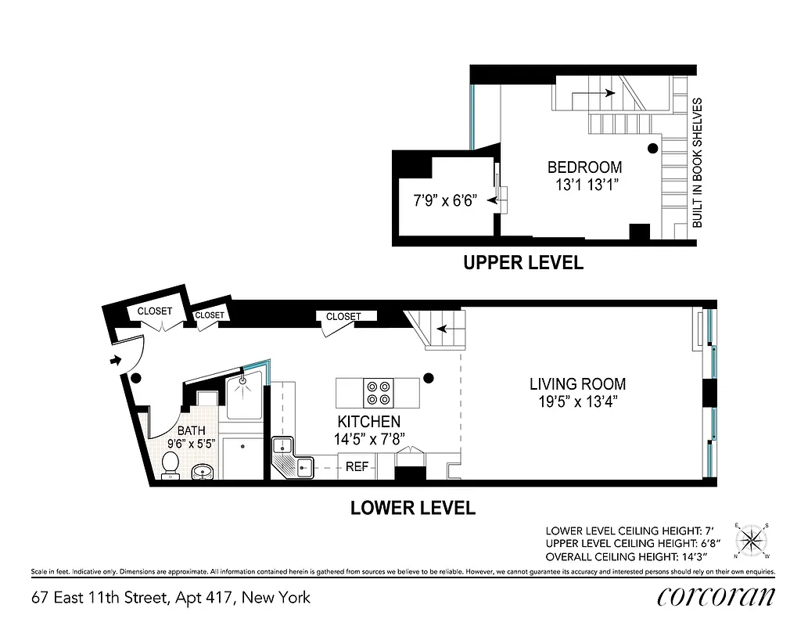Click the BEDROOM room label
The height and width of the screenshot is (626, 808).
(x=584, y=167)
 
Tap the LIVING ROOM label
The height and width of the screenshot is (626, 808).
(x=577, y=384)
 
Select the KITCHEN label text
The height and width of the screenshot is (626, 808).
(x=368, y=422)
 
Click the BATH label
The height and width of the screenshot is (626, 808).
(x=191, y=431)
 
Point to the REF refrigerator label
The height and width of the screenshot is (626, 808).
(x=357, y=467)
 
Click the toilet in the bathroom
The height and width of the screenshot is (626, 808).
(x=171, y=466)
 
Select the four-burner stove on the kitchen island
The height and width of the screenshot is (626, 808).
(x=379, y=391)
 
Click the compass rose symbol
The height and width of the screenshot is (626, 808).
(x=752, y=540)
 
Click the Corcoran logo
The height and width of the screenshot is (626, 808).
(x=716, y=596)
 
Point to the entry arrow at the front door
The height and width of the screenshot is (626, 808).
(x=116, y=361)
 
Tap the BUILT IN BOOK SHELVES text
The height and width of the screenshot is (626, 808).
(x=698, y=163)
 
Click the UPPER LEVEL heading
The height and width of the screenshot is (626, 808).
(x=523, y=263)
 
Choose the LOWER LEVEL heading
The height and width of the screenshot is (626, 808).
(x=412, y=508)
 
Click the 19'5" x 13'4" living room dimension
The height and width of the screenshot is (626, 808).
(x=577, y=403)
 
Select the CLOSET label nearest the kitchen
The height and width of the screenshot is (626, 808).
(x=343, y=317)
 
